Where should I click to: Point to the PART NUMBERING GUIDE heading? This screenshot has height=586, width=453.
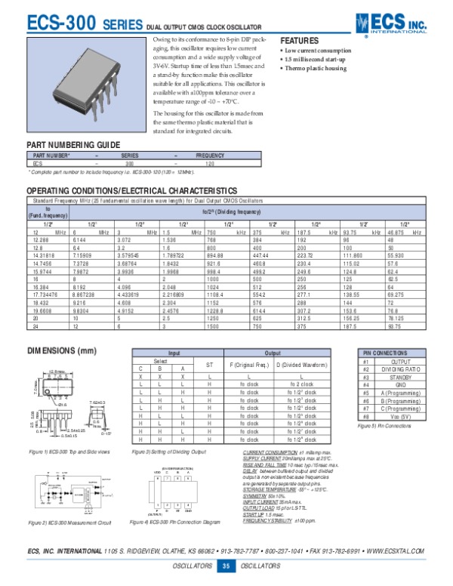click(73, 143)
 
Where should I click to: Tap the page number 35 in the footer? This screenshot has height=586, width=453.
click(225, 567)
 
